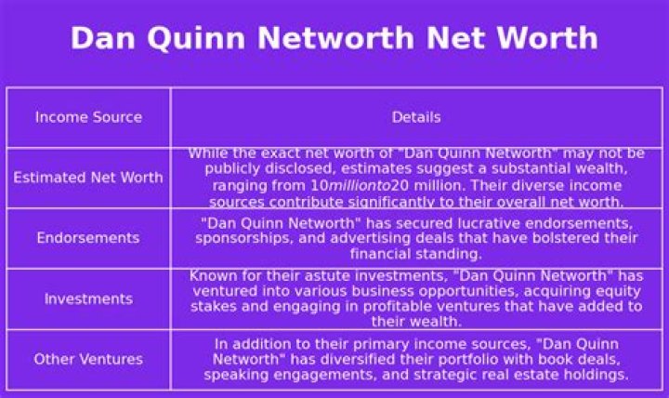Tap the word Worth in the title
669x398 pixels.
pyautogui.click(x=546, y=38)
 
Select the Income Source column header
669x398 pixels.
pyautogui.click(x=88, y=117)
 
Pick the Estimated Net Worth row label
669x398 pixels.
pyautogui.click(x=88, y=178)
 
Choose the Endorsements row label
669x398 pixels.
pyautogui.click(x=88, y=238)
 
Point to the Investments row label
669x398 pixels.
pyautogui.click(x=88, y=299)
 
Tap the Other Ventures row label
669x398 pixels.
pyautogui.click(x=88, y=359)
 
